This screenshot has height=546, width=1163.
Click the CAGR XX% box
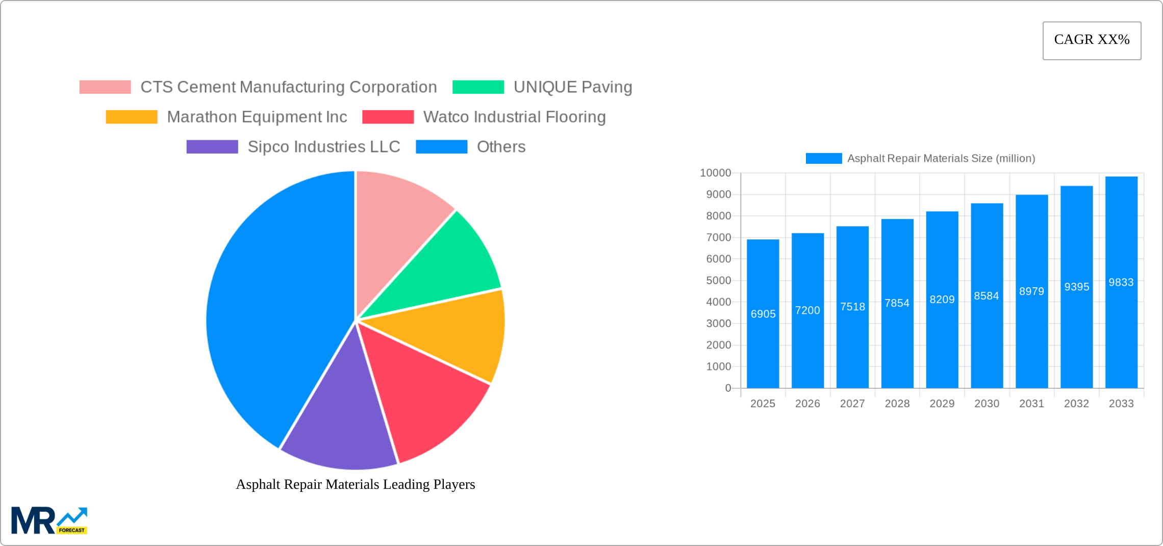click(x=1092, y=40)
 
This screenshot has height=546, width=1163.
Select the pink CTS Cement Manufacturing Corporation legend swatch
click(x=105, y=87)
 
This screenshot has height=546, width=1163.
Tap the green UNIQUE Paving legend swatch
click(x=478, y=87)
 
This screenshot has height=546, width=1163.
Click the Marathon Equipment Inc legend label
click(x=257, y=117)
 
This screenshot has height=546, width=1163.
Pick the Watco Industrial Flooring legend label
click(x=514, y=117)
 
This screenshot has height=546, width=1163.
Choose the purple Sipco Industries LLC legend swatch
click(x=212, y=147)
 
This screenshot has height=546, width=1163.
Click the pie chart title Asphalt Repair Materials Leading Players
click(x=356, y=484)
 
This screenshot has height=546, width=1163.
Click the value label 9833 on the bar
click(x=1121, y=283)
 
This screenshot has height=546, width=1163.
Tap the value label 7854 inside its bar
click(x=897, y=303)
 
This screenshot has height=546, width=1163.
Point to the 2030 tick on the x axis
click(x=987, y=404)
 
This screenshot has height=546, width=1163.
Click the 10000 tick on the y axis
click(x=715, y=173)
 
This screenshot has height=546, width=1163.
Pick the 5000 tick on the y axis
click(x=718, y=281)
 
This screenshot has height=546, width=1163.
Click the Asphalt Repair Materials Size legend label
click(x=941, y=159)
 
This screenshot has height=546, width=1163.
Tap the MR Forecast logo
click(x=49, y=520)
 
